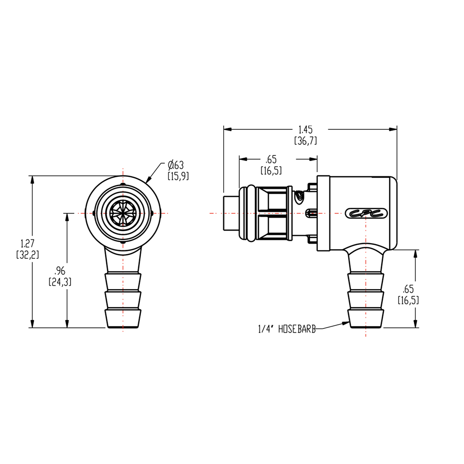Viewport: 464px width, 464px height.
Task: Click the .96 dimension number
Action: tap(59, 270)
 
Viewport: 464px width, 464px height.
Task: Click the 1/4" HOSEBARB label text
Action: tap(286, 329)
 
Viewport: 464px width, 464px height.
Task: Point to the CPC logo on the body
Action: tap(365, 213)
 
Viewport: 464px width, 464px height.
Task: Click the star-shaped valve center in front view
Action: tap(123, 213)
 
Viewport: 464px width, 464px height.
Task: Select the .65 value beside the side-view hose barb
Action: tap(408, 289)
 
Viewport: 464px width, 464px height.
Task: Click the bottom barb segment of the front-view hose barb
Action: tap(123, 318)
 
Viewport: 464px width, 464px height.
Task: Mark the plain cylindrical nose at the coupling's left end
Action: tap(231, 213)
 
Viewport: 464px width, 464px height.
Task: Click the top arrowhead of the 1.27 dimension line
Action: tap(32, 180)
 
